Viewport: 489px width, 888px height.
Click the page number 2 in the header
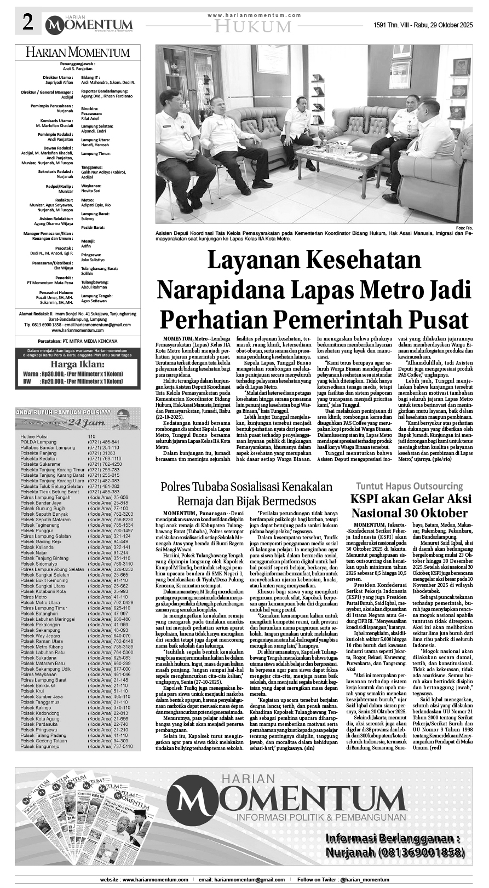[x=27, y=22]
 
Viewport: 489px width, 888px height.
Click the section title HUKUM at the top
[x=252, y=26]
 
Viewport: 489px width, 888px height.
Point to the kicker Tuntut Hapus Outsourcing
[x=409, y=486]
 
